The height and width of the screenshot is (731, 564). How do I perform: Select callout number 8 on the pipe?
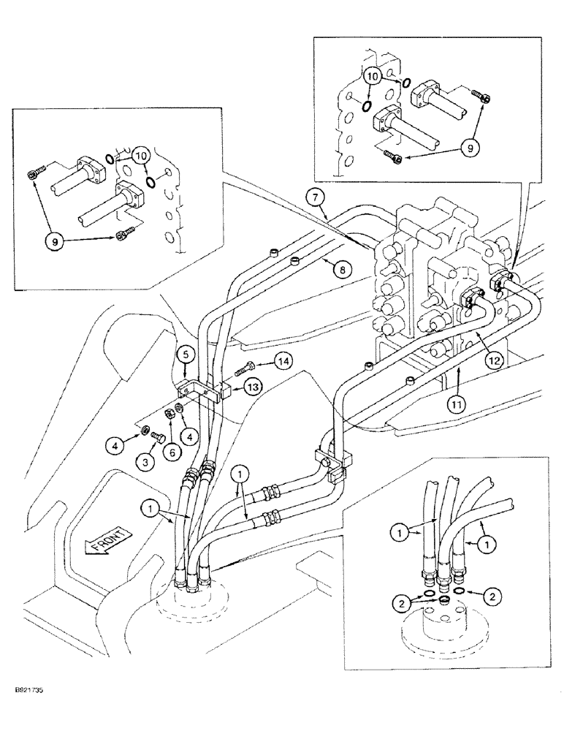click(x=339, y=269)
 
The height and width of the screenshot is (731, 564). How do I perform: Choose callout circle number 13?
click(x=253, y=386)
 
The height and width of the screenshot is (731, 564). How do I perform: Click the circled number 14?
click(x=283, y=359)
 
